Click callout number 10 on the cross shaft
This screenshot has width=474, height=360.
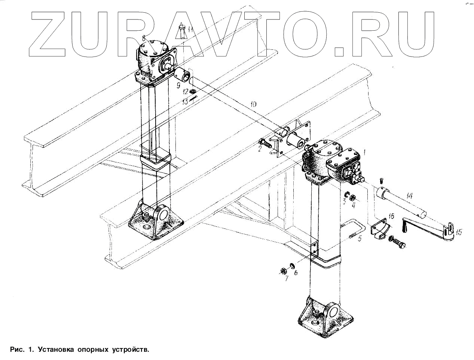tap(253, 104)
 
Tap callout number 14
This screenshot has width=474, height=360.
tap(409, 196)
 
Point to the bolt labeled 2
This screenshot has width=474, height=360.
tap(264, 143)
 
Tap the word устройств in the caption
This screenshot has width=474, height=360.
tap(130, 350)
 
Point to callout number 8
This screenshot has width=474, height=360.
tap(143, 37)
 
